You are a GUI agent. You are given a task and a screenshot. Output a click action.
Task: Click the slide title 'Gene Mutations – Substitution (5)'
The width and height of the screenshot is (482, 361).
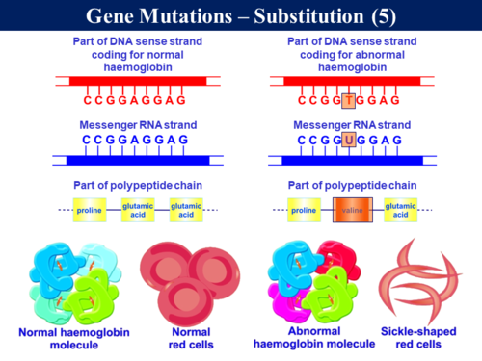pos(240,15)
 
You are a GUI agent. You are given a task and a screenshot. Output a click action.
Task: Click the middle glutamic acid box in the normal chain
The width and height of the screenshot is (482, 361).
pos(137,209)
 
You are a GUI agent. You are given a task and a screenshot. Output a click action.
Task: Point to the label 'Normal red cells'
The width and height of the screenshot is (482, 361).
pos(178,338)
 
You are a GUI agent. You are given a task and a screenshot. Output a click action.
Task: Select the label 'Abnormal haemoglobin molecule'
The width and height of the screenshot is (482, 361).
pos(313,338)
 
